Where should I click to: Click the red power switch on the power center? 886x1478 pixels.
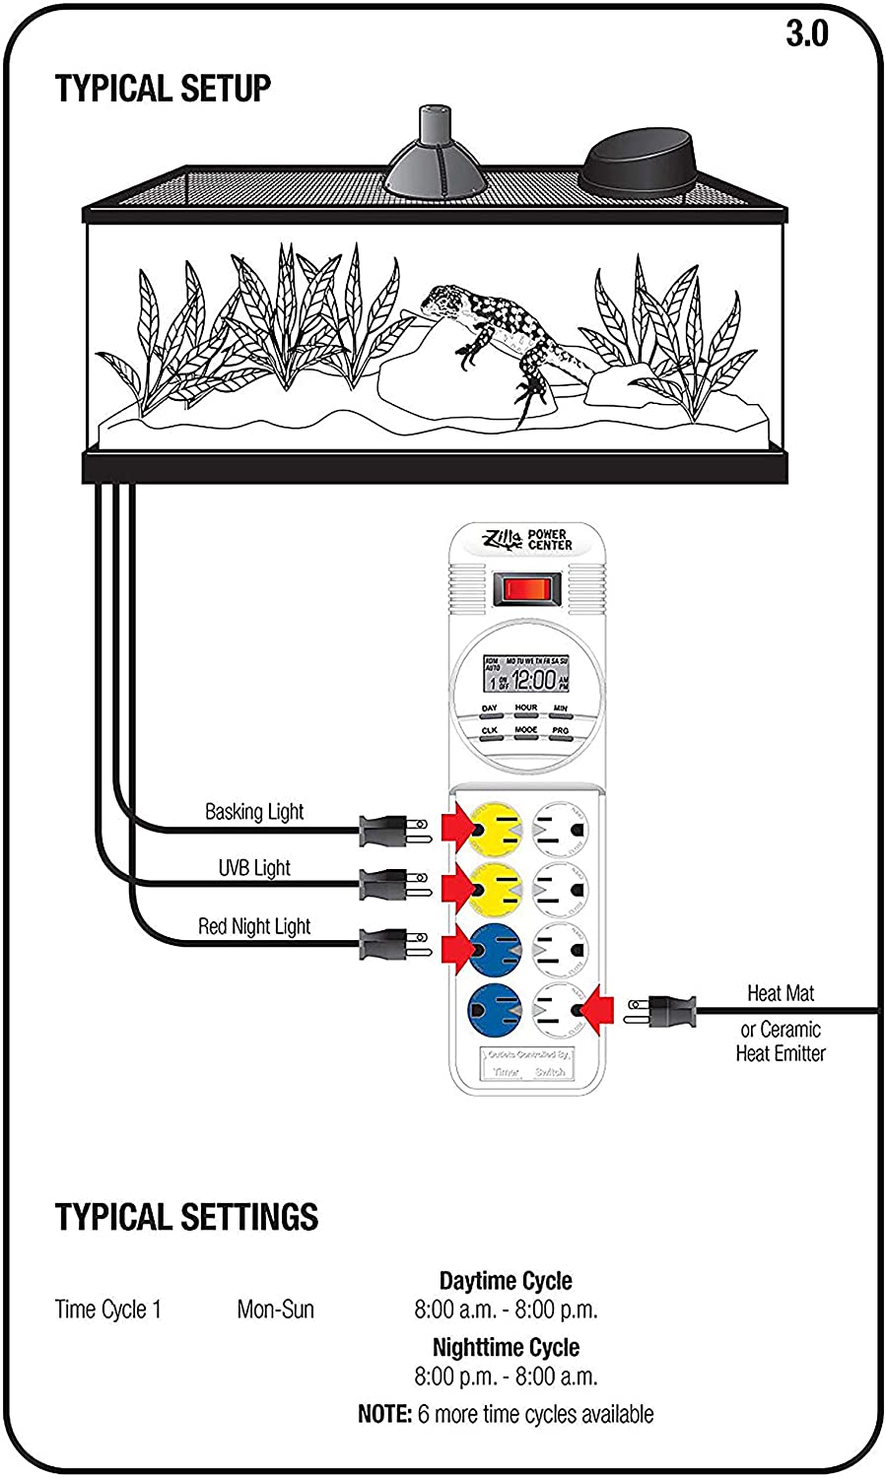click(526, 591)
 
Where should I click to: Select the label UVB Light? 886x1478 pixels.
click(254, 868)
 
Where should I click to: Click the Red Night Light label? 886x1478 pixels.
click(254, 926)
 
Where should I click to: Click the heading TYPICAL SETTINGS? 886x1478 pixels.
click(187, 1217)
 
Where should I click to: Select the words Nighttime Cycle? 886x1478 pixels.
click(506, 1347)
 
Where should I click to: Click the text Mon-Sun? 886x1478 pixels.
click(276, 1310)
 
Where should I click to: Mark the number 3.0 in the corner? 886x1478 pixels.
click(806, 34)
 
